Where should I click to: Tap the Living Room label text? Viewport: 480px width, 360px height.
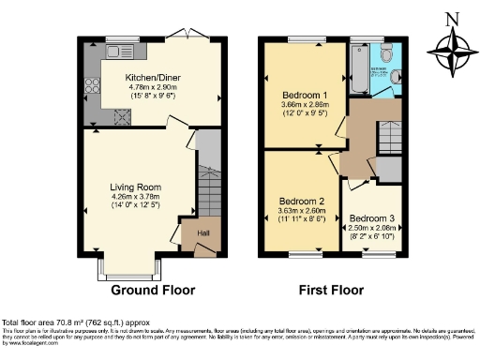pyautogui.click(x=135, y=187)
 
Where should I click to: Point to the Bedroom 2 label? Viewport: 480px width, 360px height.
pyautogui.click(x=302, y=202)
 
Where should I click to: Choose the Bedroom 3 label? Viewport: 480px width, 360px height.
pyautogui.click(x=373, y=218)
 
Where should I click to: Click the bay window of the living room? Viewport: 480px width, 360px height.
pyautogui.click(x=135, y=267)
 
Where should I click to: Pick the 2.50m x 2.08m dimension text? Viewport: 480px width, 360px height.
pyautogui.click(x=373, y=228)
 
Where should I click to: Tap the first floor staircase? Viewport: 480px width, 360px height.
pyautogui.click(x=388, y=141)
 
